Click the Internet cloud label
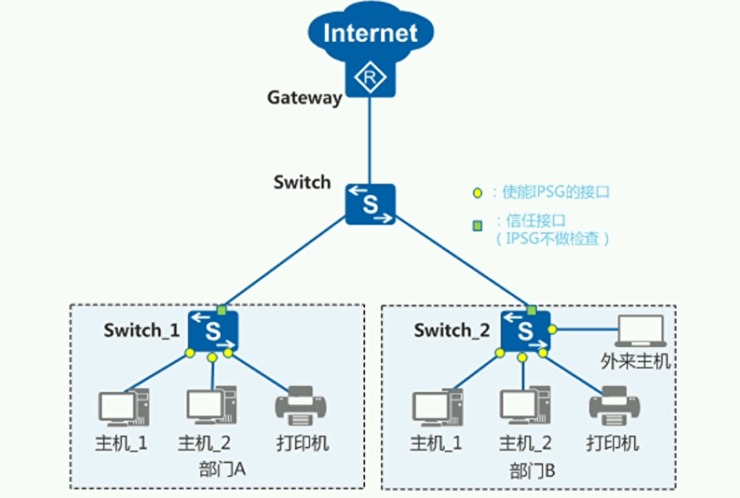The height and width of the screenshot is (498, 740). click(370, 33)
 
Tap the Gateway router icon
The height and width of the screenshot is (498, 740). click(370, 77)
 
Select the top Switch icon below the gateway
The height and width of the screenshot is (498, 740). click(370, 204)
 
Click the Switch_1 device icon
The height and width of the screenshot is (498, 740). click(213, 331)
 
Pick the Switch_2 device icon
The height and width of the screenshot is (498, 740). click(525, 331)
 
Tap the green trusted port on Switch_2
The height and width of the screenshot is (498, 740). click(531, 309)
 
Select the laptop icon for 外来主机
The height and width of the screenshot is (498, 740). click(639, 331)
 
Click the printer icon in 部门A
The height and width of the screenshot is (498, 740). click(300, 407)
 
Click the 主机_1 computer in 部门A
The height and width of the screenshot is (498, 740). click(123, 408)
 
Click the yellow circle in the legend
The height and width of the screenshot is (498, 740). click(478, 193)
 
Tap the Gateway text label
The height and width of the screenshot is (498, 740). click(304, 97)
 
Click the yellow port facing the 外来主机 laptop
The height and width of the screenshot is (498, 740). click(552, 329)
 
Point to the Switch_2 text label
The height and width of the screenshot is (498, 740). click(452, 331)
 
